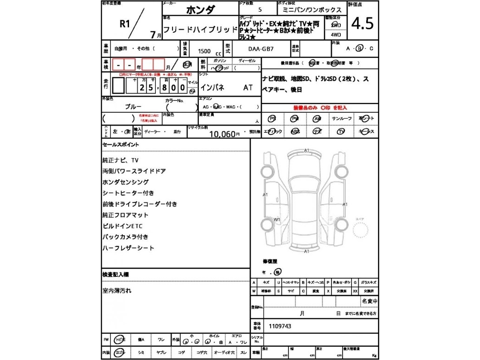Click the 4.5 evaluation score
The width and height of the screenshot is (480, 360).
362,24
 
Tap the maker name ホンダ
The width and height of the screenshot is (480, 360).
200,10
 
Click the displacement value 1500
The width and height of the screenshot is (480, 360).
205,52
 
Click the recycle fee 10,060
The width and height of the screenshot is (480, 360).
224,134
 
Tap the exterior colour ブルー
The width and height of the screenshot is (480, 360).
133,106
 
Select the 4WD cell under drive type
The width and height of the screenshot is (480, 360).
336,35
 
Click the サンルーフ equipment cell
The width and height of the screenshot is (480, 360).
341,119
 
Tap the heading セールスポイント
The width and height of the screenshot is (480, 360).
120,145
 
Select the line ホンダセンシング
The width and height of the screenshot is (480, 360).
125,182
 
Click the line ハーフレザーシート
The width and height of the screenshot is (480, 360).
128,248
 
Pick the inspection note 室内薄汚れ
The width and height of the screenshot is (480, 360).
117,291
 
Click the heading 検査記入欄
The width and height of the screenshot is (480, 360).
116,275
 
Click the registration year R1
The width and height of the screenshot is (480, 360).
125,24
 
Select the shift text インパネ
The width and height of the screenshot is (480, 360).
212,87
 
